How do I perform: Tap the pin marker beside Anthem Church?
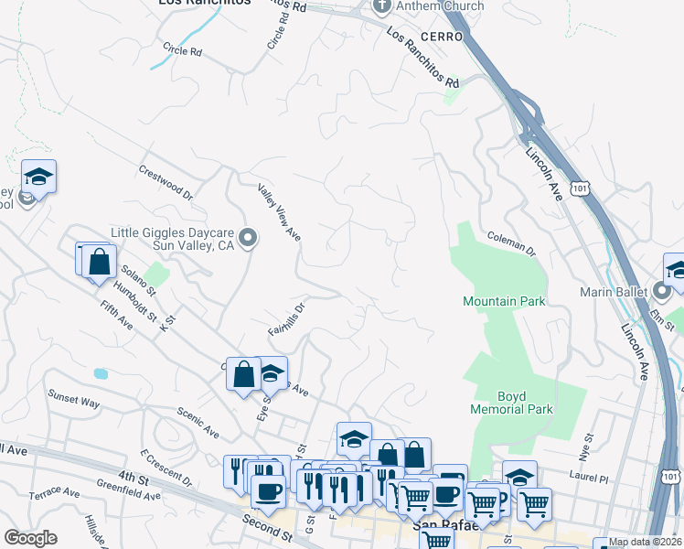click(x=383, y=6)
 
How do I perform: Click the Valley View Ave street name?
click(x=279, y=211)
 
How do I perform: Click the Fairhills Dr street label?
click(x=285, y=317)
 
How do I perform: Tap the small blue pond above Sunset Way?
click(x=100, y=373)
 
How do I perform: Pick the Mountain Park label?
click(x=504, y=301)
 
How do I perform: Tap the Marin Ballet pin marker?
click(x=664, y=293)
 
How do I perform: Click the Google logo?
click(x=30, y=538)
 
